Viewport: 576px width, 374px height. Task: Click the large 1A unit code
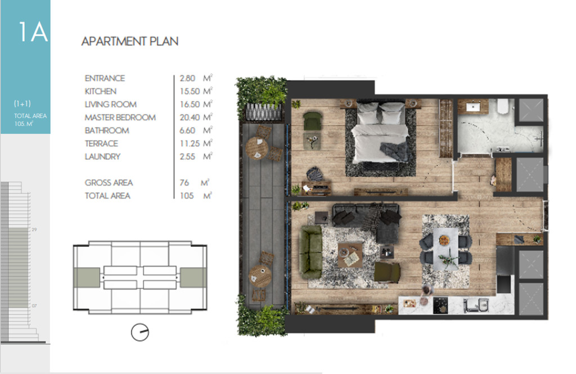33,31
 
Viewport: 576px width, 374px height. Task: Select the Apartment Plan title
130,41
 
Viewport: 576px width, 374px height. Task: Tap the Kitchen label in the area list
100,91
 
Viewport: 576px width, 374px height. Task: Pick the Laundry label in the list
102,156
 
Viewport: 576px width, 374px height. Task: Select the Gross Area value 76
184,183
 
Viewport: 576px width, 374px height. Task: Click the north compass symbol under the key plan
140,332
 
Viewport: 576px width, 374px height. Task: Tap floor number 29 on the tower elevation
34,229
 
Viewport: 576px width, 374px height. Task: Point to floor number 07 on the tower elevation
34,305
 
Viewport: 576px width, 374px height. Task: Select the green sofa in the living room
310,251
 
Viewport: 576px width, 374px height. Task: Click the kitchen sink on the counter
475,305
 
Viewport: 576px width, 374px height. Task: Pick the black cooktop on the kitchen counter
440,305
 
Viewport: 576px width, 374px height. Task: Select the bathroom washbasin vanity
472,107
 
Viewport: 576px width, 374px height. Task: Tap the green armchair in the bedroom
313,121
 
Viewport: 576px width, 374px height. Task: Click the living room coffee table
350,255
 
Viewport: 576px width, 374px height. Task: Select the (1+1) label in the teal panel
22,103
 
